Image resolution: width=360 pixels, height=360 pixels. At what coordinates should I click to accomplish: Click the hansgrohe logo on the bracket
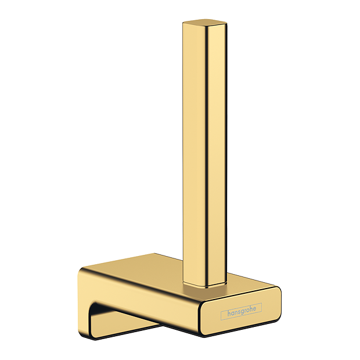tap(241, 311)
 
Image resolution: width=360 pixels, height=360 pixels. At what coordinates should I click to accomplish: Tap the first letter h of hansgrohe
tap(229, 314)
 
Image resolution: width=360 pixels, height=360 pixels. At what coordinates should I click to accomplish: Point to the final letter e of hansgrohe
tap(254, 309)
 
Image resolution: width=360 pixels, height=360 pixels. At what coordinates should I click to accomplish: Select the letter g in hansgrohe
tap(242, 312)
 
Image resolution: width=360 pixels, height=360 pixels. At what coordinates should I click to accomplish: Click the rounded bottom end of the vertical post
tap(205, 283)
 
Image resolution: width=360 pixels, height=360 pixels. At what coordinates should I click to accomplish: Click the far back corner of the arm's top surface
tap(154, 254)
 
